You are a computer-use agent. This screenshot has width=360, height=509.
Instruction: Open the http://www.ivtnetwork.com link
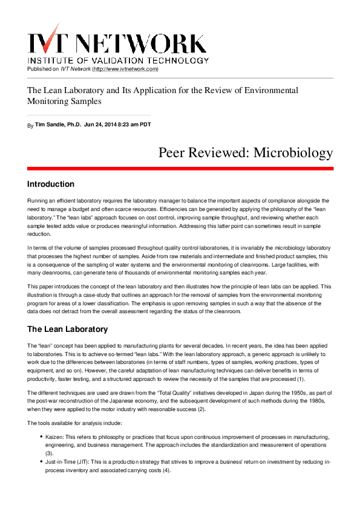[125, 69]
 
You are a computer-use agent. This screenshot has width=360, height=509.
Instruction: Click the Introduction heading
[51, 184]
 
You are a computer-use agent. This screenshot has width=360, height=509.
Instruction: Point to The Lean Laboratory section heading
[68, 329]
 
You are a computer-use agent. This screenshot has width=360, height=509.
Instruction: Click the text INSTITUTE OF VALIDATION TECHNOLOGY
[119, 60]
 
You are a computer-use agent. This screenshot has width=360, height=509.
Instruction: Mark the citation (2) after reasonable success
[201, 392]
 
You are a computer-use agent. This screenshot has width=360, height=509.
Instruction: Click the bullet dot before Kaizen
[41, 436]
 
